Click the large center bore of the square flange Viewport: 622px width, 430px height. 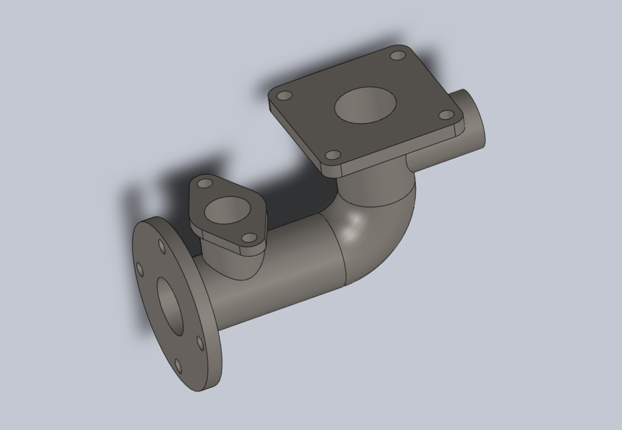[365, 105]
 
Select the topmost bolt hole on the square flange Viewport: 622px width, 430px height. [398, 55]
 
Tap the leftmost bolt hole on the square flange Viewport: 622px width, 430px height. [284, 96]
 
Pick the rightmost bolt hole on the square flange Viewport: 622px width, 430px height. [446, 114]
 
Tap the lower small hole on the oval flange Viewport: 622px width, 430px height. [249, 239]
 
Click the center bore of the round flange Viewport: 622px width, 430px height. [171, 306]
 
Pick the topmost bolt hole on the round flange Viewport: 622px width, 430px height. [162, 247]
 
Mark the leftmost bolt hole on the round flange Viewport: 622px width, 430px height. [140, 270]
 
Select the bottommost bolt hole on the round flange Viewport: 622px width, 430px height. [178, 366]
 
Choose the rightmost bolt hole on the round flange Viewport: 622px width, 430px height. [200, 343]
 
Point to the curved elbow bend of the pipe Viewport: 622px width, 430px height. [383, 222]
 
